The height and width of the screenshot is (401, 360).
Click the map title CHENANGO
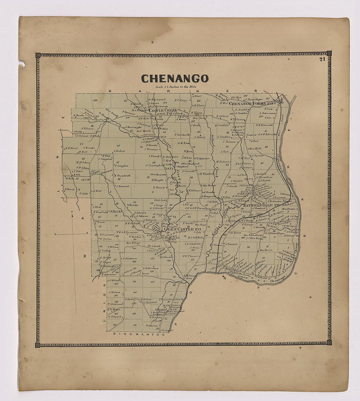[x=174, y=79]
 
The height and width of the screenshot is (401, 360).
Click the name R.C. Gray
[x=180, y=100]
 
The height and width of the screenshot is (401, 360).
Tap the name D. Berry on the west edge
[x=70, y=189]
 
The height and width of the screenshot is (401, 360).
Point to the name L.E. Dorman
[x=151, y=268]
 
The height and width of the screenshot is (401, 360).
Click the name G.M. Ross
[x=184, y=143]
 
